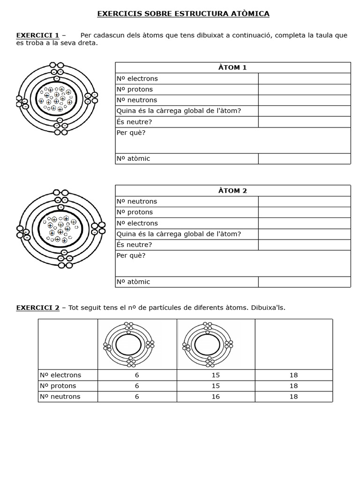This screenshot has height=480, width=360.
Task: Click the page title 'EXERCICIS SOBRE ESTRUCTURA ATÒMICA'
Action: [183, 14]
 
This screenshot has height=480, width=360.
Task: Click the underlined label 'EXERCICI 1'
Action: [37, 35]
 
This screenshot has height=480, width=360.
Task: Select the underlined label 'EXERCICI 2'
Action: [37, 308]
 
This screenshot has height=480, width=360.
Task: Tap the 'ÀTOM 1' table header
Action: [232, 67]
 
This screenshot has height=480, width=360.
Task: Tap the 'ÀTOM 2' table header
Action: [232, 191]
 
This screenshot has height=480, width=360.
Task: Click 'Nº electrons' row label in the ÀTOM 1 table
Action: [137, 79]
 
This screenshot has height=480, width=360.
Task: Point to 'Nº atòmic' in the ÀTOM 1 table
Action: [133, 159]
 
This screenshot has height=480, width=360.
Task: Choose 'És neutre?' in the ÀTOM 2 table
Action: [134, 245]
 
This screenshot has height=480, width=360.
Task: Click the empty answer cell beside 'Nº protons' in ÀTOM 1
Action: [304, 90]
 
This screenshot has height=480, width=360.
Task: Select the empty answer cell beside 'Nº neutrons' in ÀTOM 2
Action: [304, 202]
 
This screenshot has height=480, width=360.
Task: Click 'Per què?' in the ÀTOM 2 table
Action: [131, 256]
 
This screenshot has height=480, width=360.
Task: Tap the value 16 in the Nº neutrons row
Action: [216, 397]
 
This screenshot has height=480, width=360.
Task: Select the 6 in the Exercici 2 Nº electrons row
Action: [137, 375]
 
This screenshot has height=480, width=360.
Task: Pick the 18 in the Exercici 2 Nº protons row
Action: [293, 386]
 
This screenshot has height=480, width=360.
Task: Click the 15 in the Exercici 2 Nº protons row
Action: [216, 386]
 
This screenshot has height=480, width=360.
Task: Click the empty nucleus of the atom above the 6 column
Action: [128, 345]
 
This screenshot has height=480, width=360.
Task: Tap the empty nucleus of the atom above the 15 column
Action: [207, 345]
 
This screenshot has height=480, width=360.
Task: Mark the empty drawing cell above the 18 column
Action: [293, 345]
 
